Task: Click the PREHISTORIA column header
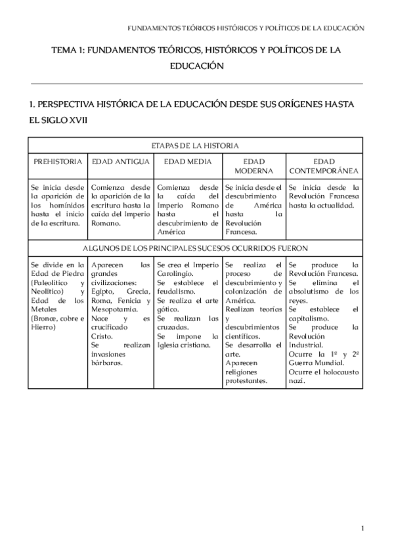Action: (x=58, y=161)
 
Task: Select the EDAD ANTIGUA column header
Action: (x=121, y=161)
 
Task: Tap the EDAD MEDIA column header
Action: (x=187, y=161)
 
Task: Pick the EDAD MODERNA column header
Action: (x=254, y=166)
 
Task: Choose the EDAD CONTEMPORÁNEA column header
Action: (x=324, y=166)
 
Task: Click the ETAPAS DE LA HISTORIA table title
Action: (x=195, y=145)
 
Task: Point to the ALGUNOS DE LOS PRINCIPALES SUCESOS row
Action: (x=195, y=248)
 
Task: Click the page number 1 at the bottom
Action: (x=362, y=527)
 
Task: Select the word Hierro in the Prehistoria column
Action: (x=43, y=326)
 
